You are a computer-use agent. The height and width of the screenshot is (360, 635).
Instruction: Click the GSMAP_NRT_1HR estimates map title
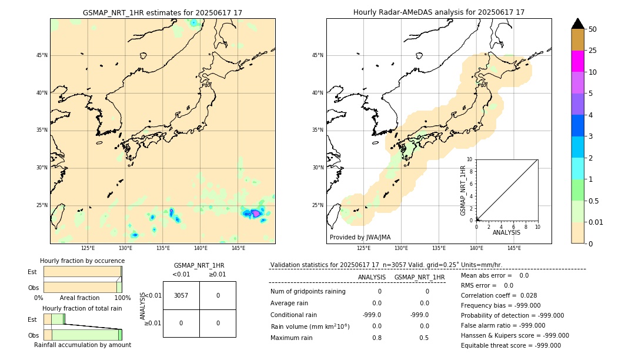coord(162,12)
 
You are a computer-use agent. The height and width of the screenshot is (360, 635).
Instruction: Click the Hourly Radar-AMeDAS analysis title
coord(439,12)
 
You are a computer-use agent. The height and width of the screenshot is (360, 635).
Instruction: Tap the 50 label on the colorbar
coord(593,29)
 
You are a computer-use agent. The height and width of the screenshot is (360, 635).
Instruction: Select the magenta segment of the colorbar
coord(577,61)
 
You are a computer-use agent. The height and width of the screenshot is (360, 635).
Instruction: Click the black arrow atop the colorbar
coord(577,24)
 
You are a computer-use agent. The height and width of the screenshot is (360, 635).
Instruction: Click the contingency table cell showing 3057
coord(181,295)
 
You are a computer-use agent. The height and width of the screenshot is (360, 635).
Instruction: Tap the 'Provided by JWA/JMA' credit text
coord(360,237)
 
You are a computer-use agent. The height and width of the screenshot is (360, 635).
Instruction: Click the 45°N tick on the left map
coord(42,55)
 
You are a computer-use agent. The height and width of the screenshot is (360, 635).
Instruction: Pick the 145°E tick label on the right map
coord(514,248)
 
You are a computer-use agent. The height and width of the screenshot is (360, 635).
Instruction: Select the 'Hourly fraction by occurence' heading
coord(82,261)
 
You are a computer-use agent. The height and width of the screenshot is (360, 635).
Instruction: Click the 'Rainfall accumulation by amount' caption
coord(82,345)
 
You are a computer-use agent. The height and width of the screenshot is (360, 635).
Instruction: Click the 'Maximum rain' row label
coord(292,338)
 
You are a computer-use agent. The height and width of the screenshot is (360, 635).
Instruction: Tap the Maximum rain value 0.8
coord(376,338)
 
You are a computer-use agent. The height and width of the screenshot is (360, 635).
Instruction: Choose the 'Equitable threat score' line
coord(510,345)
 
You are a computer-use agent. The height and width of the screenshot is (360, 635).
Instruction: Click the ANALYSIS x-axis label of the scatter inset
coord(506,232)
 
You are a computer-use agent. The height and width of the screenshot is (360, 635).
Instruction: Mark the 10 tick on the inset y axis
coord(470,159)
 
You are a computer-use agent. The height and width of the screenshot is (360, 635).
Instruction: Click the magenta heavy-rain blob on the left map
coord(256,214)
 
